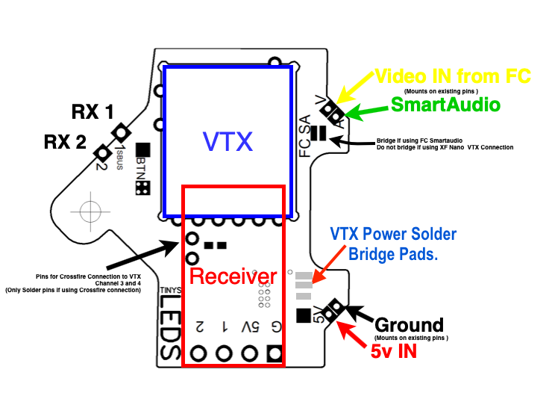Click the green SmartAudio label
coord(445,105)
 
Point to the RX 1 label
coord(92,112)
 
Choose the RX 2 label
coord(65,140)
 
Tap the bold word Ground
coord(409,325)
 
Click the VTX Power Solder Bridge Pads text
coord(393,244)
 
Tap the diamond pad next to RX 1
coord(120,134)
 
